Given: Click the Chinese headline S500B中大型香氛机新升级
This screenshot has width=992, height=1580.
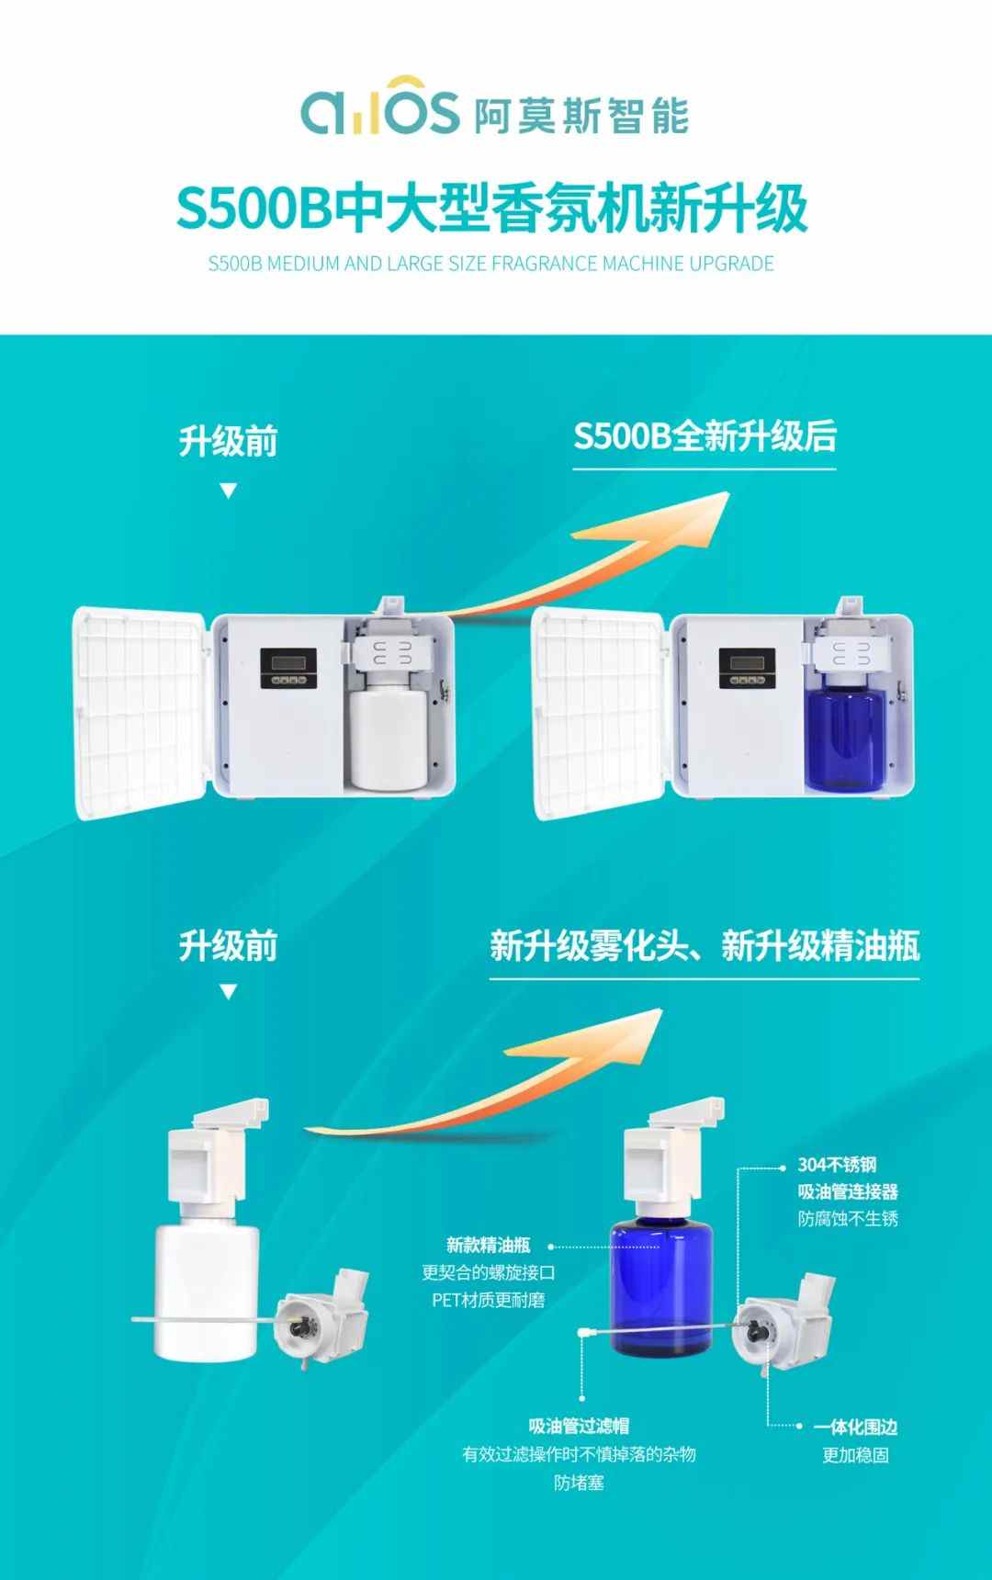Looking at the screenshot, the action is tap(492, 209).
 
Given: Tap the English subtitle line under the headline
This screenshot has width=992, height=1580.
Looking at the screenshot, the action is tap(491, 265).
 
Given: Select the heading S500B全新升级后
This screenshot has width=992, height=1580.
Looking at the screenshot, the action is tap(705, 436).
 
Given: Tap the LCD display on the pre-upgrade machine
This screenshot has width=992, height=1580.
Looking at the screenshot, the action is tap(287, 661).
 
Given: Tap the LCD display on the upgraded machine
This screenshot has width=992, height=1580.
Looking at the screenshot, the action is tap(746, 661).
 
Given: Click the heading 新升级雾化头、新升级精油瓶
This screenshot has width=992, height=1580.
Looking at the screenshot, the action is tap(705, 946).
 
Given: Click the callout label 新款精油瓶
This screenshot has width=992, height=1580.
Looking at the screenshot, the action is tap(489, 1246).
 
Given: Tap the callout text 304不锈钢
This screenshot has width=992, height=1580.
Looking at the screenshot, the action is tap(838, 1165).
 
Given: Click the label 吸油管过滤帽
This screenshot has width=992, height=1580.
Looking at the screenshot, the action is tap(579, 1427).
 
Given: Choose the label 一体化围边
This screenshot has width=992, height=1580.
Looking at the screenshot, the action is tap(855, 1428).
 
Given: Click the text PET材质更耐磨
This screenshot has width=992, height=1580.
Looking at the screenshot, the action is tap(489, 1300).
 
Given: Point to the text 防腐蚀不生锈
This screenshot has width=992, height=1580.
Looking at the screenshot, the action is tap(848, 1219).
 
